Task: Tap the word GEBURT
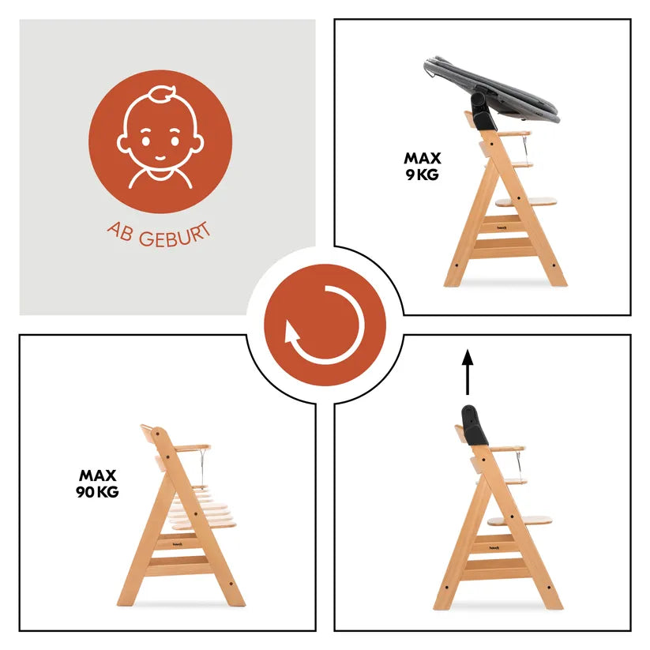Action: (175, 236)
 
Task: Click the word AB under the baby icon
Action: (119, 232)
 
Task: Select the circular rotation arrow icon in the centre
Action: (325, 325)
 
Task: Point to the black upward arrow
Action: (468, 372)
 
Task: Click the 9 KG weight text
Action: (422, 175)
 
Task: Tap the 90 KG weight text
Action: (97, 492)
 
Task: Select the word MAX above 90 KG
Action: (97, 475)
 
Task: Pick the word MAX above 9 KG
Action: (423, 159)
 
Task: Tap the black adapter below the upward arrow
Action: (474, 426)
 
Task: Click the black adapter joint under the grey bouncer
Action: (483, 111)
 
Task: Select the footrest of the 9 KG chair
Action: (526, 202)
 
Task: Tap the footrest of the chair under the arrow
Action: (520, 520)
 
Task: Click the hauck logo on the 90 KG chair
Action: (178, 544)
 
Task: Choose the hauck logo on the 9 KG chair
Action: (502, 227)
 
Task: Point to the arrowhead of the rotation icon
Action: (292, 333)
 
